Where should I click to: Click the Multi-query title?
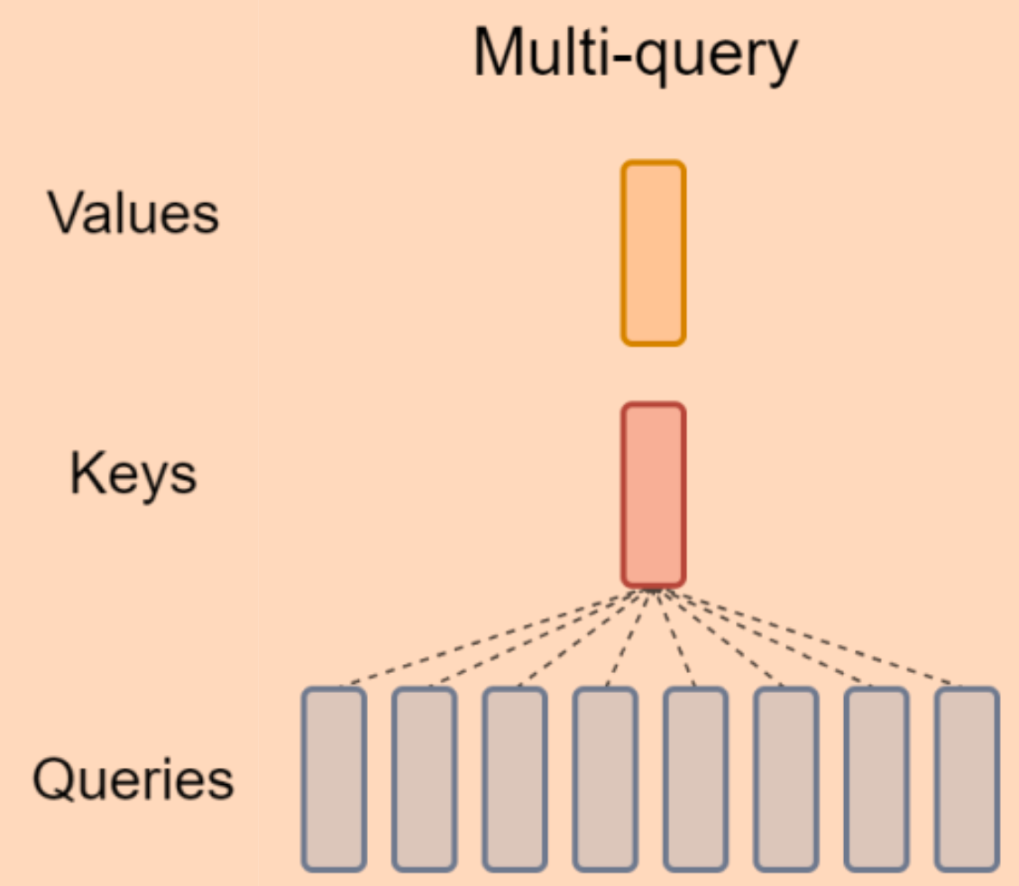coord(636,54)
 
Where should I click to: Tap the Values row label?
coord(133,215)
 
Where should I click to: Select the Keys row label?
coord(133,475)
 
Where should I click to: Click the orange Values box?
coord(654,254)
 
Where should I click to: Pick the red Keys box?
coord(654,495)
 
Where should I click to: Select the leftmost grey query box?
coord(334,780)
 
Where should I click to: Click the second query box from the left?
coord(424,780)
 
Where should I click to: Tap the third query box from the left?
coord(514,780)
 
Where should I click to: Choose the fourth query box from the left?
coord(605,780)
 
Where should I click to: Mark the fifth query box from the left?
coord(695,780)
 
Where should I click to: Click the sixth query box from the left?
coord(785,780)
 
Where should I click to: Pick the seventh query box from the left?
coord(876,780)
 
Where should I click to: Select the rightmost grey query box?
coord(967,780)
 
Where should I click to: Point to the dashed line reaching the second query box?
coord(538,639)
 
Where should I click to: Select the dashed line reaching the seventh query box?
coord(767,639)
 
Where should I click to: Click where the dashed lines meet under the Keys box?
coord(654,591)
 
